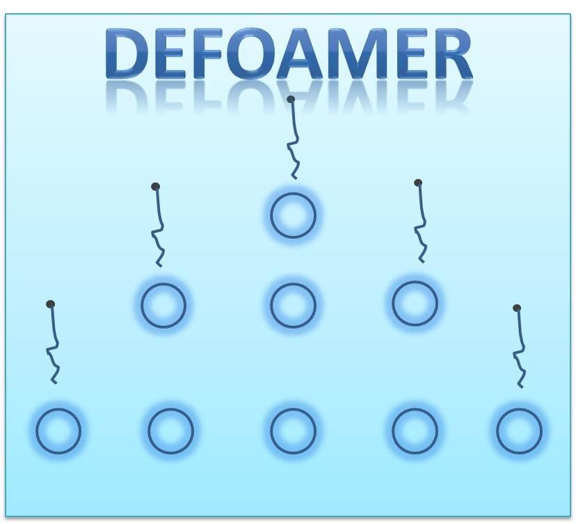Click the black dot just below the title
(x=291, y=100)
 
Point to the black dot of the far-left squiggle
(x=51, y=304)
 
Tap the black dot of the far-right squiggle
(x=517, y=308)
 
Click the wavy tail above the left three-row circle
(x=158, y=226)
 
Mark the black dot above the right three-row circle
(x=417, y=182)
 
